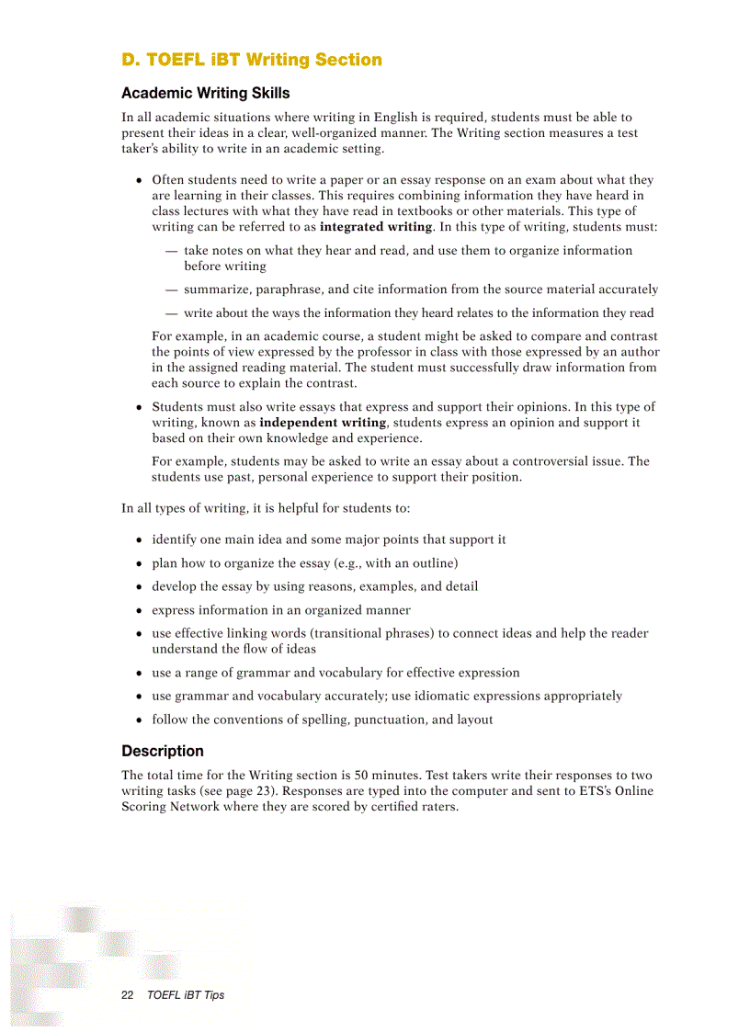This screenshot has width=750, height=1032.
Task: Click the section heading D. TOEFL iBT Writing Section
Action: click(252, 60)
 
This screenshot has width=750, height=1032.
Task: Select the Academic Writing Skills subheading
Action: click(205, 93)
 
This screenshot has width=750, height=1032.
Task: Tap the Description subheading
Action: click(163, 751)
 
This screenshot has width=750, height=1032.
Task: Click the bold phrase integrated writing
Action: click(375, 227)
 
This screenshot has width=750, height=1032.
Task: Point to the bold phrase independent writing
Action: click(323, 423)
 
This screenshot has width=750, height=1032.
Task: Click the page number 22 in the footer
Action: click(128, 995)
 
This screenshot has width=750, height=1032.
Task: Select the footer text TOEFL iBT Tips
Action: click(186, 995)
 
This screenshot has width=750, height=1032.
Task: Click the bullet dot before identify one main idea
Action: click(139, 540)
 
